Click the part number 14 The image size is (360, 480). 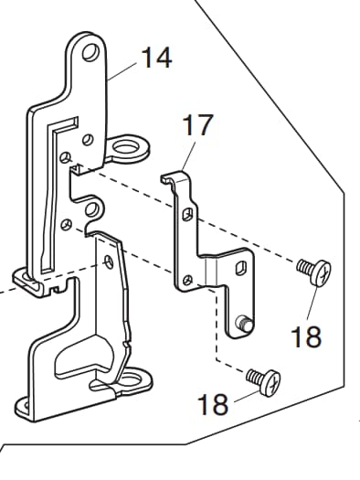pos(157,58)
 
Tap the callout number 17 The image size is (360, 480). pos(197,124)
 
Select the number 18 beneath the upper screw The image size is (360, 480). pos(306,336)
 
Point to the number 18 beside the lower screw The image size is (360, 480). pos(213,404)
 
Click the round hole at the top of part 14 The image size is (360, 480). pos(90,52)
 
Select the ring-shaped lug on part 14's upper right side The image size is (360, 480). pos(128,148)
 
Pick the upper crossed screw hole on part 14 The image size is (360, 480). pos(65,158)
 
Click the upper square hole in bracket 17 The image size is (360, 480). pos(187,214)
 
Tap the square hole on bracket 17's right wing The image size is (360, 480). pos(240,267)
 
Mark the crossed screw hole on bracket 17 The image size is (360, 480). pos(187,280)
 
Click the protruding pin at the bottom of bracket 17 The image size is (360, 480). pos(244,324)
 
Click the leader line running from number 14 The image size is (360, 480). pos(123,71)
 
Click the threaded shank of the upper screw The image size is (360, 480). pos(305,266)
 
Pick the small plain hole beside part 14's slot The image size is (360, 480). pos(88,140)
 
